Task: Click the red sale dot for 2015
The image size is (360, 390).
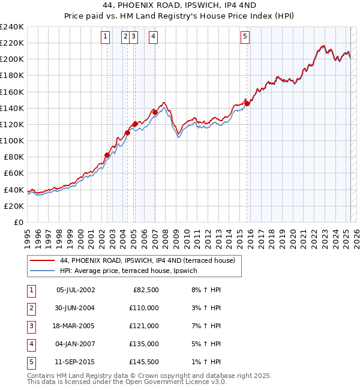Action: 247,103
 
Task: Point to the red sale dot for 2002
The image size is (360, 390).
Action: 107,155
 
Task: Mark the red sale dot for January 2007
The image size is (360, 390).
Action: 155,112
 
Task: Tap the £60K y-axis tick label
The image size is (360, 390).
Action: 13,173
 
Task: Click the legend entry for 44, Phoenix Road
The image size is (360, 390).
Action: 151,260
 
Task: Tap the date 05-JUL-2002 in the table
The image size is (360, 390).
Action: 75,290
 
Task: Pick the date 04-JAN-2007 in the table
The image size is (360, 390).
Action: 75,344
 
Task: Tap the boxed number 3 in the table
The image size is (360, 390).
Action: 31,326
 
